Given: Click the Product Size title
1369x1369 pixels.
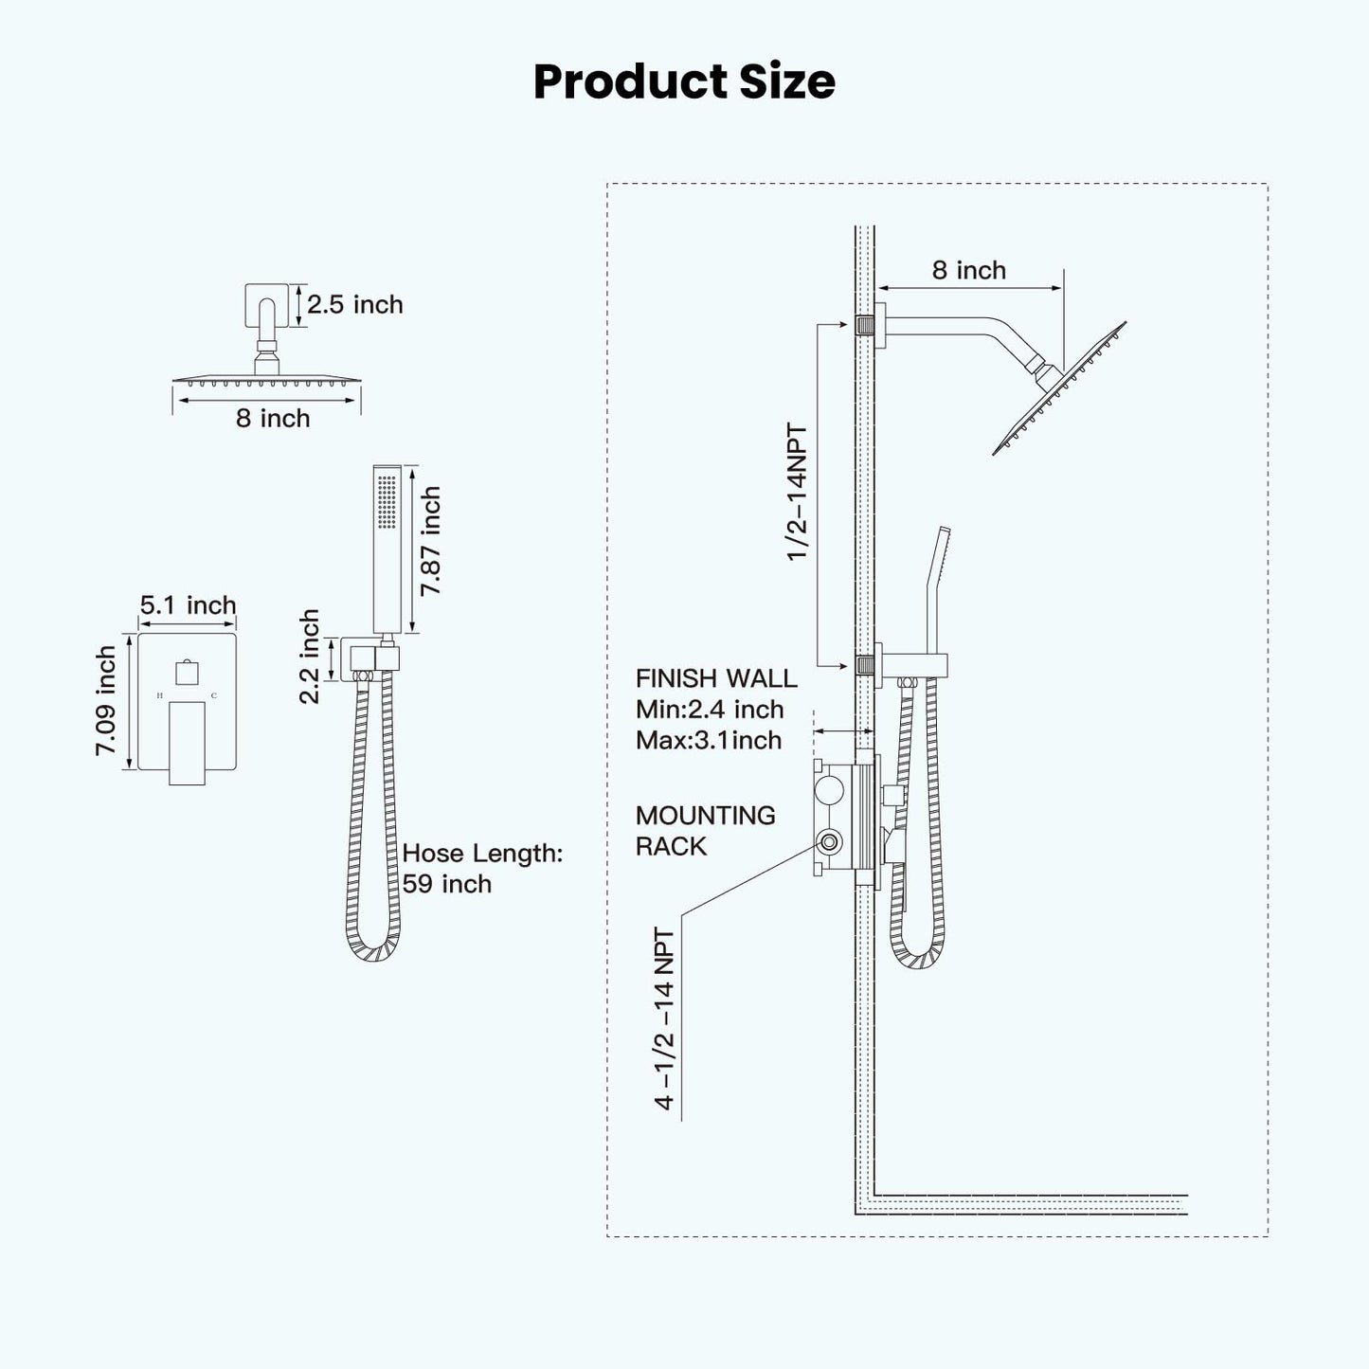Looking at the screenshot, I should (684, 81).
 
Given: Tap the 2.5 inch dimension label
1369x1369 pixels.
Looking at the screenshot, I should (354, 305).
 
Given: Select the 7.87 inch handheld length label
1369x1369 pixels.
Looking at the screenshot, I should (431, 541).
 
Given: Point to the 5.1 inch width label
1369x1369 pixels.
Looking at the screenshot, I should (188, 605).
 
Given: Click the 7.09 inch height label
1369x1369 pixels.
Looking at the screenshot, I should (106, 700).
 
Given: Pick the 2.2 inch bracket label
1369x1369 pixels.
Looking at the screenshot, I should (310, 657).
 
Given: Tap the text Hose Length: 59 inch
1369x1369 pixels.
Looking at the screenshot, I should (482, 868).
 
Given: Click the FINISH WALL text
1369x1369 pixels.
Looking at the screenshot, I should (716, 678).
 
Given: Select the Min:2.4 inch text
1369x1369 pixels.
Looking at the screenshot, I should (710, 710).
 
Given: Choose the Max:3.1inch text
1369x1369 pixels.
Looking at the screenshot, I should (709, 740).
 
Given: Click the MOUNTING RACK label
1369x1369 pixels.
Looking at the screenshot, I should (705, 831).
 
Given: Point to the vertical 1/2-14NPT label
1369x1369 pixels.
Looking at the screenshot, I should (798, 493).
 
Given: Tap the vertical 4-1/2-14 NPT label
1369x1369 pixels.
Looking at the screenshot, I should (665, 1019).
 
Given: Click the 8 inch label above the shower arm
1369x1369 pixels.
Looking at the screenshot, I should (968, 271).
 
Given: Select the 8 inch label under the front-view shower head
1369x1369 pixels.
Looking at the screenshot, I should (273, 419).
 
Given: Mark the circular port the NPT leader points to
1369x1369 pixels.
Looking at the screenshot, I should (831, 841).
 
